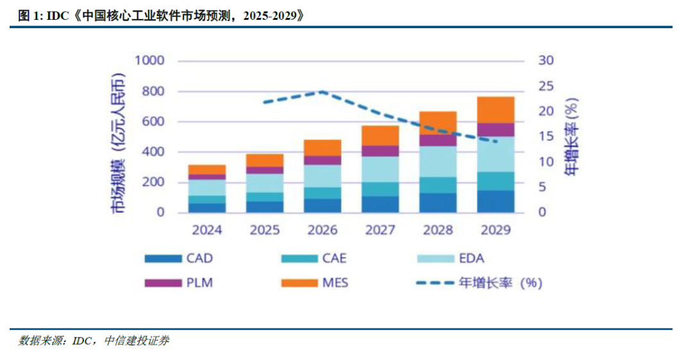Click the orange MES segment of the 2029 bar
[x=495, y=110]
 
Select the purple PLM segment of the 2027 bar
[x=381, y=151]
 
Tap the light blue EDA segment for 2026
[x=323, y=176]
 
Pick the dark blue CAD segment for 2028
[x=438, y=203]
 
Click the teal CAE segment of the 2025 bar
[x=265, y=196]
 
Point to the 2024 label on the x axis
[x=207, y=230]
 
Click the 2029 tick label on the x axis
[x=495, y=230]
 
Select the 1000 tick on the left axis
[x=149, y=61]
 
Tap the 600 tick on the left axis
[x=153, y=122]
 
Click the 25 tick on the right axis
[x=545, y=86]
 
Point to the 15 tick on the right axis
[x=545, y=137]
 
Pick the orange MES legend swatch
[x=299, y=282]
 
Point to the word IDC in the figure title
[x=58, y=17]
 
